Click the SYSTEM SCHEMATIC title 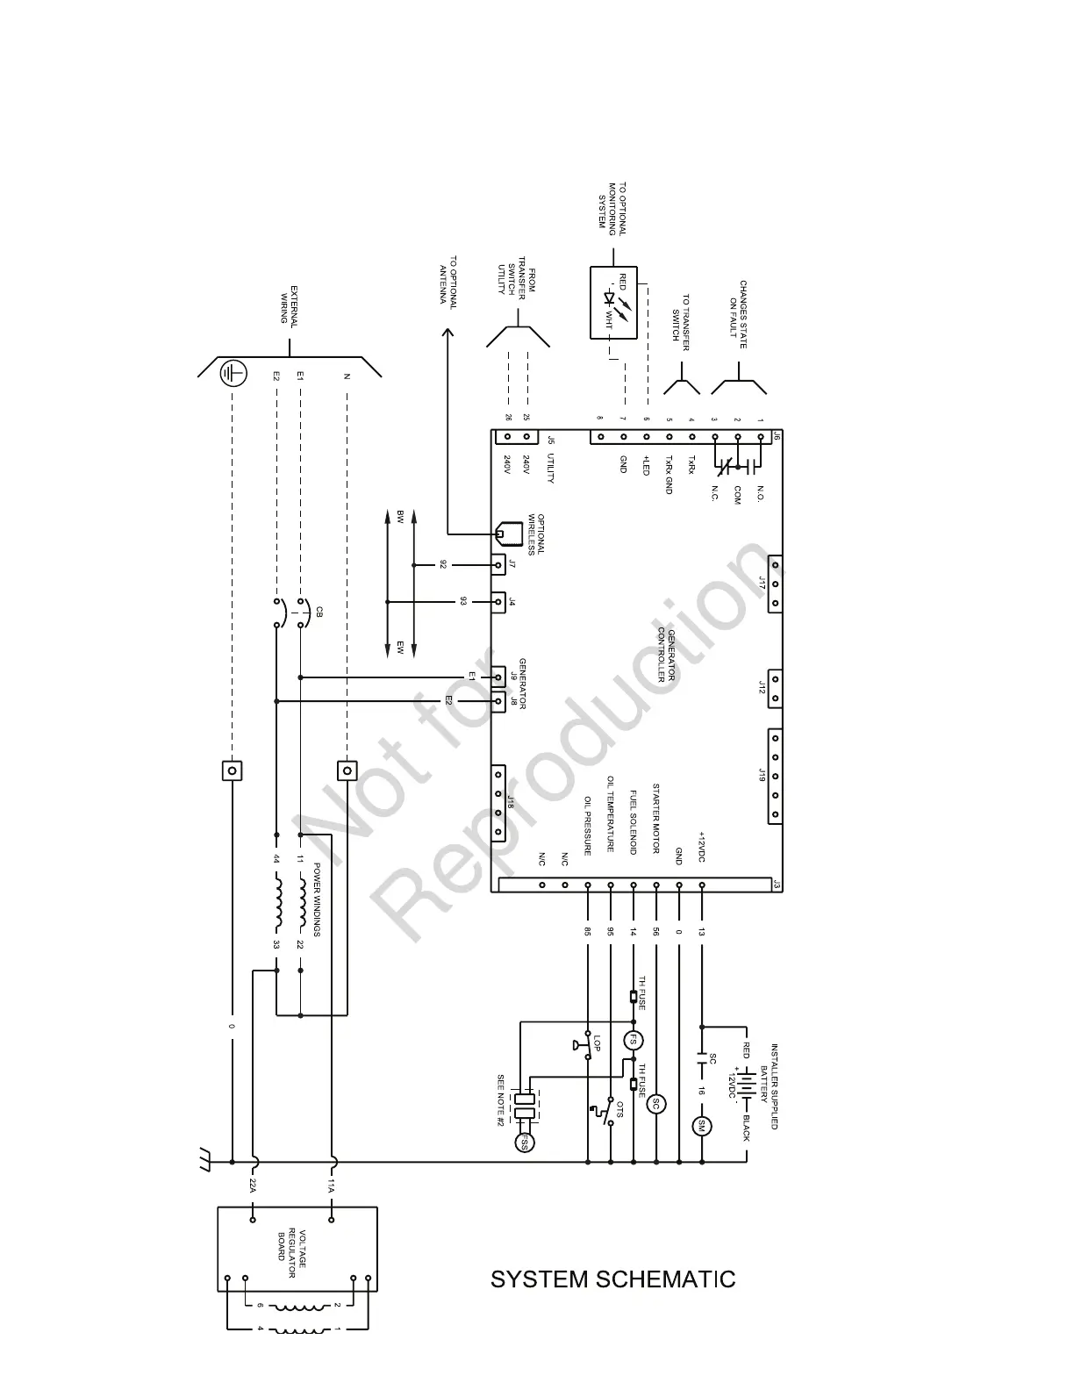pos(612,1279)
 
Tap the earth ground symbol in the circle pos(232,374)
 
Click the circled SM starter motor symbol pos(701,1126)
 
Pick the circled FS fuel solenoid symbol pos(633,1041)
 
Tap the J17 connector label pos(762,584)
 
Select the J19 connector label pos(762,775)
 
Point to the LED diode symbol pos(607,298)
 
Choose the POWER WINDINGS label pos(317,899)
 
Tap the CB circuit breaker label pos(319,612)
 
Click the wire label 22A pos(253,1186)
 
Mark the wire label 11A pos(332,1186)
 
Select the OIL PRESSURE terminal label pos(587,825)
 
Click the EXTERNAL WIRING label pos(289,305)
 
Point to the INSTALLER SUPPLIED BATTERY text pos(769,1086)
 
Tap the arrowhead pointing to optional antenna pos(447,332)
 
